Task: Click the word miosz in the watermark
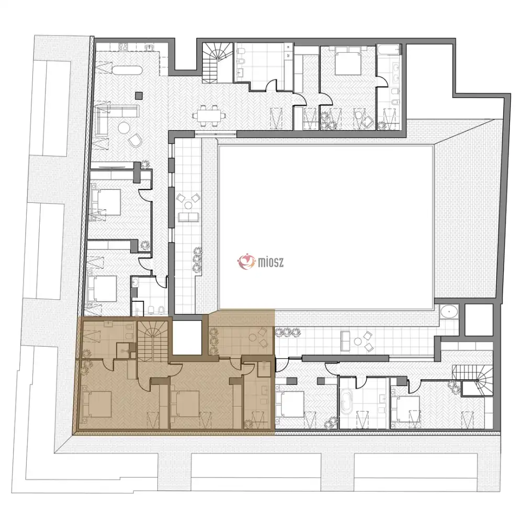click(271, 262)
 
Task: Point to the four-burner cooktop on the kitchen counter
click(123, 48)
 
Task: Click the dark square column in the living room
click(139, 95)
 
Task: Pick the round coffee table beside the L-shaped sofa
click(124, 128)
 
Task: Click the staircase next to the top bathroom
click(218, 63)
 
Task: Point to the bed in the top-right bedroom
click(348, 61)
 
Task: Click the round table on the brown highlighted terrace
click(253, 338)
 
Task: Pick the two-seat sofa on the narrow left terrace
click(188, 217)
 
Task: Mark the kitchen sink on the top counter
click(150, 48)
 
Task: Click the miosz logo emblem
click(247, 261)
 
